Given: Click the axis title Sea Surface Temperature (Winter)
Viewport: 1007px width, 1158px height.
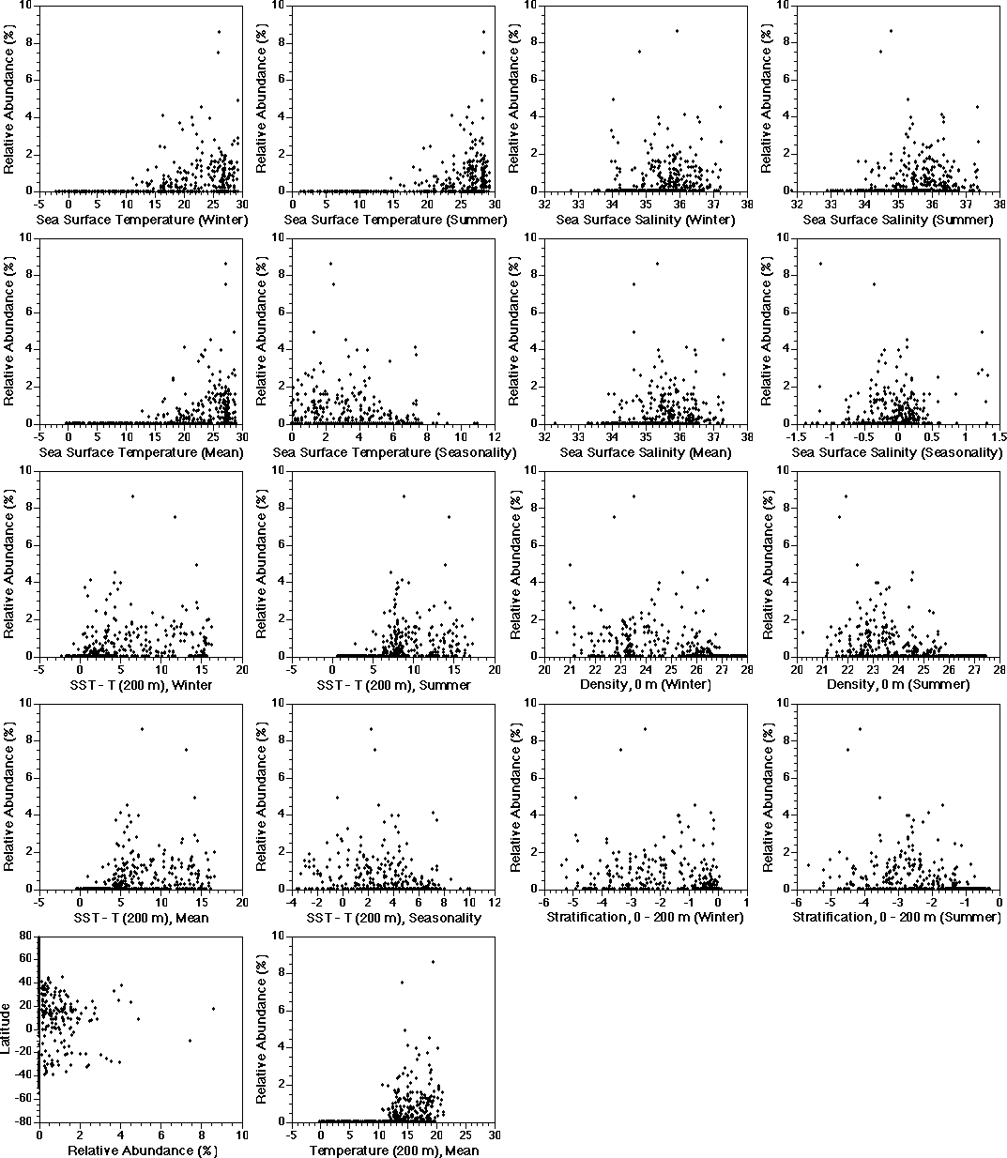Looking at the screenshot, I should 142,220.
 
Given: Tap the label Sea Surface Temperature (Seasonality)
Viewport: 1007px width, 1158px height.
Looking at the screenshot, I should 394,452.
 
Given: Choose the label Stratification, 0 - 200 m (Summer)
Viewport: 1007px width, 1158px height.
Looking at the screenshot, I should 897,917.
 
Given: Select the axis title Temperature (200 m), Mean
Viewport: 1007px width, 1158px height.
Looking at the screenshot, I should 394,1150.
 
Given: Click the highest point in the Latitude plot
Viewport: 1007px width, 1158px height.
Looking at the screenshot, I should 63,977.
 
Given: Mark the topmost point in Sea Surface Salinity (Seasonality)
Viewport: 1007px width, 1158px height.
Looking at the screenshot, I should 821,264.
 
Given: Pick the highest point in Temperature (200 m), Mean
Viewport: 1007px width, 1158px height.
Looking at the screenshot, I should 433,961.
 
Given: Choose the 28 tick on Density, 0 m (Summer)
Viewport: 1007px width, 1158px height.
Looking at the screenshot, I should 999,667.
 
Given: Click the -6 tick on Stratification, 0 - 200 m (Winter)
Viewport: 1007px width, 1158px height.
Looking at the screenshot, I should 545,900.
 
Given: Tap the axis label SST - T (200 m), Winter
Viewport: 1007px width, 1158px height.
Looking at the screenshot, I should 142,685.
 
